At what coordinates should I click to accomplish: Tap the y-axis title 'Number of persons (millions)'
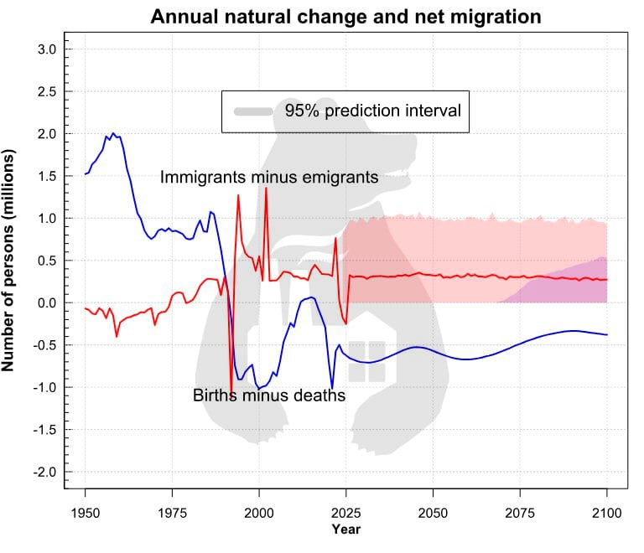pos(12,261)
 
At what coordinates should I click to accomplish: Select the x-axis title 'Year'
pos(345,530)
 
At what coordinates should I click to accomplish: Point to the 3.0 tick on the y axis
pos(46,49)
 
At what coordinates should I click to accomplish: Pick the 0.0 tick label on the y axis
pos(46,302)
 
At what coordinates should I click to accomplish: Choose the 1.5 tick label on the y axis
pos(46,176)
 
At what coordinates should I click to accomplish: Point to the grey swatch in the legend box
pos(255,111)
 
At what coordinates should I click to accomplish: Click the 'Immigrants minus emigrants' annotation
pos(269,178)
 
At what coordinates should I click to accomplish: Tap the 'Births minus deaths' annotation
pos(269,395)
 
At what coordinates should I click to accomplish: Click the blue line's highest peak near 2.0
pos(113,133)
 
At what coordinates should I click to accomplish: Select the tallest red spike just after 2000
pos(266,189)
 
